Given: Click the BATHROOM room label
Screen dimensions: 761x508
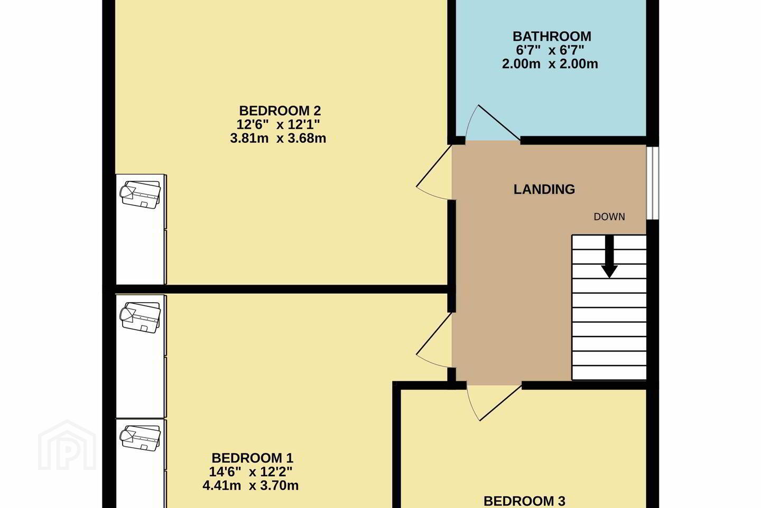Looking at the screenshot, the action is point(552,37).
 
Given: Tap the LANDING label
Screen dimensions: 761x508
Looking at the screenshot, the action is point(544,189).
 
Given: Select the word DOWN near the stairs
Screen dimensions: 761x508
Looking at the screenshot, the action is point(609,217).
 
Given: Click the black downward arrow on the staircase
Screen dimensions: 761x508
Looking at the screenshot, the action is point(609,257).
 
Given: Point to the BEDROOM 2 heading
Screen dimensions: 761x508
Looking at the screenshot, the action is point(280,111).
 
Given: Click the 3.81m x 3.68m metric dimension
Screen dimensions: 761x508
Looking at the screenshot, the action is point(278,139).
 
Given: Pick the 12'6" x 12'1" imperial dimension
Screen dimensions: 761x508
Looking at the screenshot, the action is point(278,124).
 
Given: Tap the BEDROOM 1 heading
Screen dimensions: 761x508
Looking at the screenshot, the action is point(253,458).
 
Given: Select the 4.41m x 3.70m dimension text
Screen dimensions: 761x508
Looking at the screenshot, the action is point(250,486).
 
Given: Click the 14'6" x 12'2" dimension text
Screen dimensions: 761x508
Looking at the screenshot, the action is point(250,472).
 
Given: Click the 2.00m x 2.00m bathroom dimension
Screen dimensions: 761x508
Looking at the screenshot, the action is point(550,64).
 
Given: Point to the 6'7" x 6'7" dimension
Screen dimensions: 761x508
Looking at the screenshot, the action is point(550,50).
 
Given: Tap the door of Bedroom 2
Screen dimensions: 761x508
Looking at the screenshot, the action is point(434,172).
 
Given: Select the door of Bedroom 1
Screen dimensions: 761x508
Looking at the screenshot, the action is point(434,340).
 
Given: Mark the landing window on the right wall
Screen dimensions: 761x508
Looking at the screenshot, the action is point(653,183).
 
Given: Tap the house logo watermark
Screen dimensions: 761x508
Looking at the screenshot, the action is point(67,445).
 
